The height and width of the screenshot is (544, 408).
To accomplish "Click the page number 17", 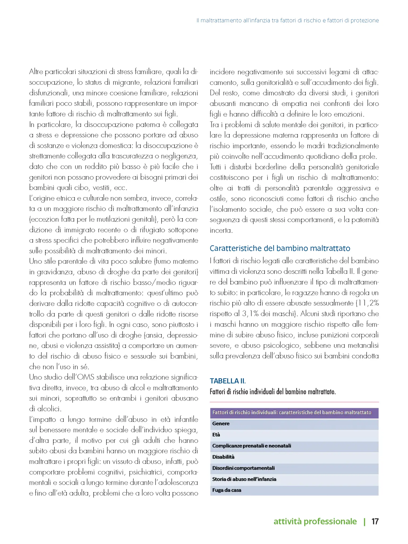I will [x=375, y=521].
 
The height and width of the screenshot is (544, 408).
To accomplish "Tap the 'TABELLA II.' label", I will [x=228, y=381].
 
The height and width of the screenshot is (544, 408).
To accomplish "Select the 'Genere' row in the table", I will [x=294, y=423].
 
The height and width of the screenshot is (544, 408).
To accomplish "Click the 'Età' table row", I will [x=294, y=435].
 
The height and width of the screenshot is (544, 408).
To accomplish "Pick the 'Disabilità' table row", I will [x=294, y=457].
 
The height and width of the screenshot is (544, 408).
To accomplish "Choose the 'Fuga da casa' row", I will [x=294, y=490].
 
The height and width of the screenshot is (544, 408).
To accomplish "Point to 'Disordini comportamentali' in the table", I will [x=294, y=468].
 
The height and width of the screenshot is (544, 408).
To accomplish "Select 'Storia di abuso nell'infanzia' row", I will [x=294, y=479].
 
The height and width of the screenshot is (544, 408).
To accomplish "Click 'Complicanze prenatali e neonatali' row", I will [x=294, y=446].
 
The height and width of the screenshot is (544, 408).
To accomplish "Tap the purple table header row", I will [x=294, y=413].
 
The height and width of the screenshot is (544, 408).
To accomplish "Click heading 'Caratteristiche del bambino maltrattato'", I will [x=280, y=248].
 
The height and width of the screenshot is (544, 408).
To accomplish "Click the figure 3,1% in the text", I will [x=250, y=314].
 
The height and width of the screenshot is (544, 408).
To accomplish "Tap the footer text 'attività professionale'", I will [x=315, y=521].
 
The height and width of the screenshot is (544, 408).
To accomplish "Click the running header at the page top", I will [x=287, y=20].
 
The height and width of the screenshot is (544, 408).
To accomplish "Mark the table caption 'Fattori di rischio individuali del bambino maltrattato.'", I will [x=273, y=392].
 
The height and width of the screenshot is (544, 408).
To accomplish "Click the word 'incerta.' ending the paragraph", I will [x=221, y=230].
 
